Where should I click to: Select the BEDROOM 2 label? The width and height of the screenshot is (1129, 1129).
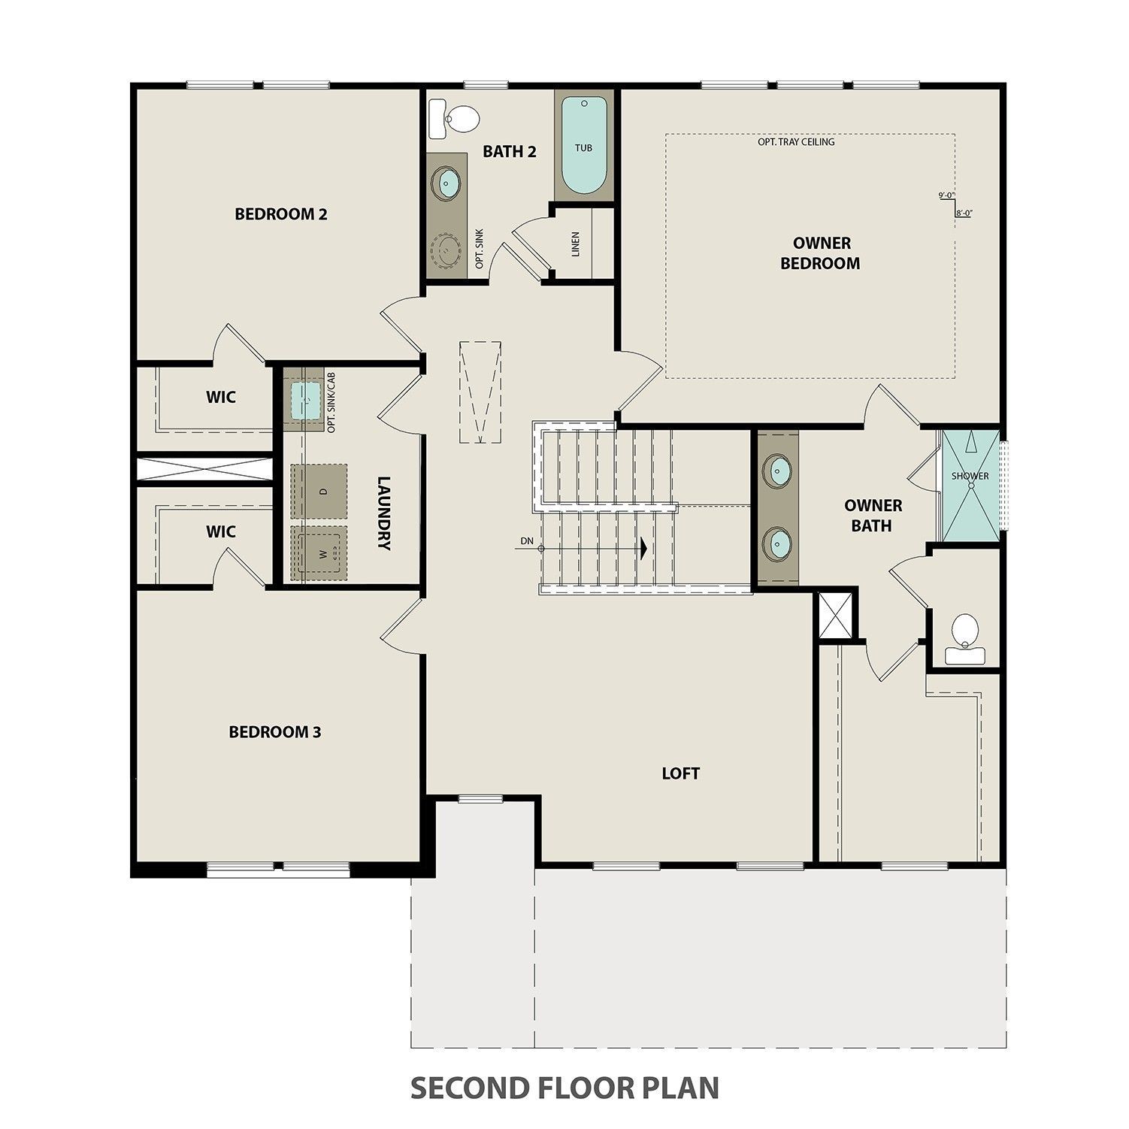[280, 214]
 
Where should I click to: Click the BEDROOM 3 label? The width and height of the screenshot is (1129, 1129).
[274, 731]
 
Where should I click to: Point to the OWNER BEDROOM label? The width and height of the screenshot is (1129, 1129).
[820, 253]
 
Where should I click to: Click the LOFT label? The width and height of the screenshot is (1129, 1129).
[680, 773]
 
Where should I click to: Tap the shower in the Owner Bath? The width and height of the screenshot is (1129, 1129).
[970, 485]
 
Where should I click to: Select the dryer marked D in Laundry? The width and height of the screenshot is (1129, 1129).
[319, 491]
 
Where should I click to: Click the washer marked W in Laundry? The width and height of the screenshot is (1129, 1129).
[319, 553]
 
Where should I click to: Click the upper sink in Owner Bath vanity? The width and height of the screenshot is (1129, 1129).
[776, 471]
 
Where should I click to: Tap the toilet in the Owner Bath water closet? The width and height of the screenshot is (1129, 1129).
[964, 636]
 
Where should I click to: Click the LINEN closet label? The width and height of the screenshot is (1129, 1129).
[575, 244]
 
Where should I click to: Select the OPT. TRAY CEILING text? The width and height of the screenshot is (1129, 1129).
[795, 141]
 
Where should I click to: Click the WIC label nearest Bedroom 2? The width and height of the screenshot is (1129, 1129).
[220, 397]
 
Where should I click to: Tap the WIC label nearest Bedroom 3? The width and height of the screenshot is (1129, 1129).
[220, 532]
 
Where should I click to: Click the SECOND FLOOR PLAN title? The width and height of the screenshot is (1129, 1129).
[564, 1087]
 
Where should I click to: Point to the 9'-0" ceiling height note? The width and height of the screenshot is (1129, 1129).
[946, 195]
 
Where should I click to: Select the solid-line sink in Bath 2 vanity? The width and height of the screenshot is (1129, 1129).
[448, 183]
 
